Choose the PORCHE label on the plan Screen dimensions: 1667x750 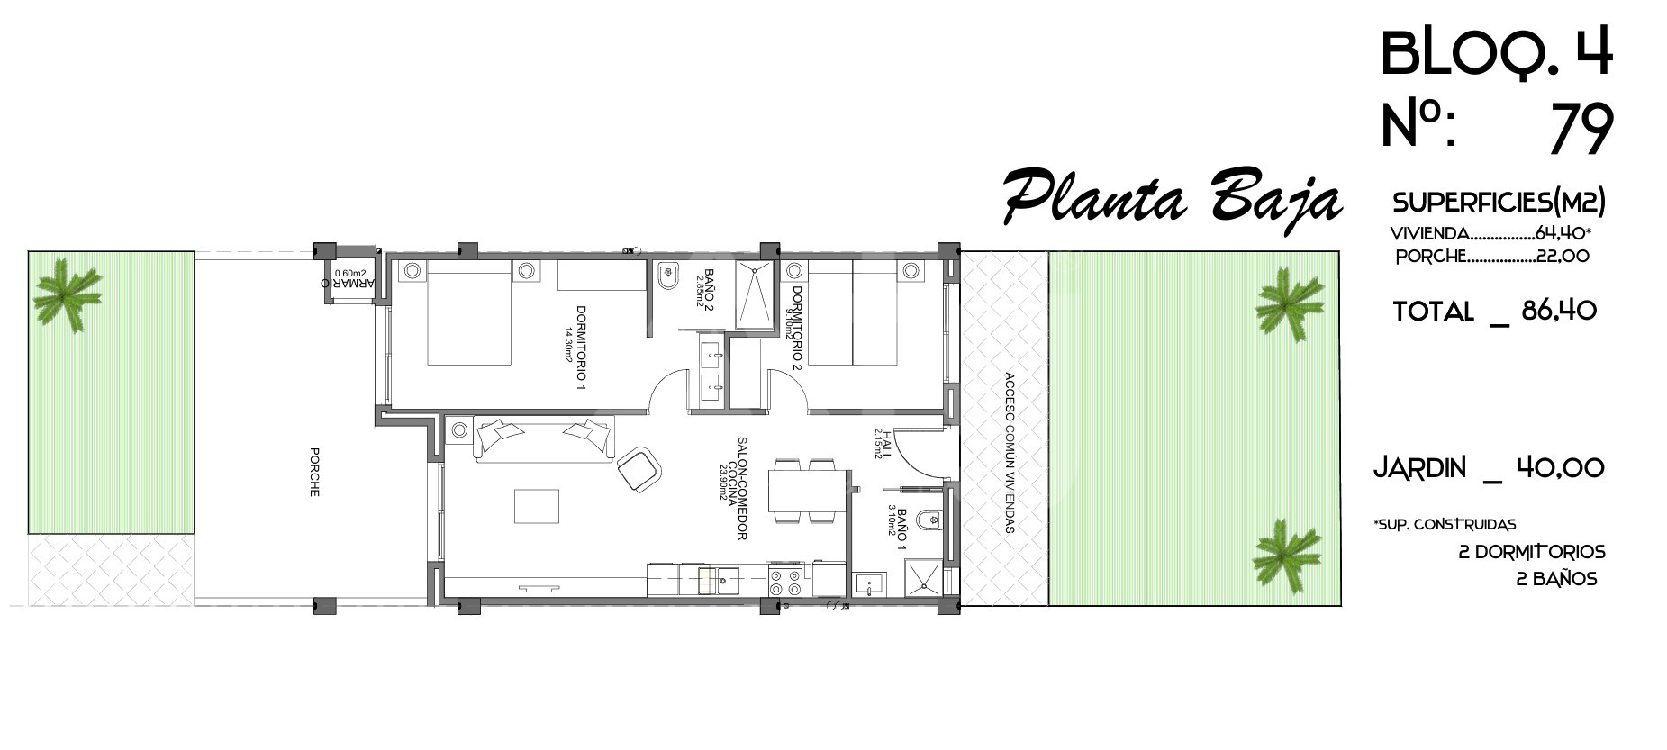click(314, 472)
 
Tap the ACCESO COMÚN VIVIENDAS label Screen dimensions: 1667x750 click(1010, 453)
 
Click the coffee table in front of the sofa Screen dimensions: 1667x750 click(536, 505)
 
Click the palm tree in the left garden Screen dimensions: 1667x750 click(66, 293)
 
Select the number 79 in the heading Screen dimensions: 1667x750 click(1581, 129)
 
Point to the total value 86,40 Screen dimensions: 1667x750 click(1559, 312)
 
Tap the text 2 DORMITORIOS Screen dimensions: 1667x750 click(1532, 552)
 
